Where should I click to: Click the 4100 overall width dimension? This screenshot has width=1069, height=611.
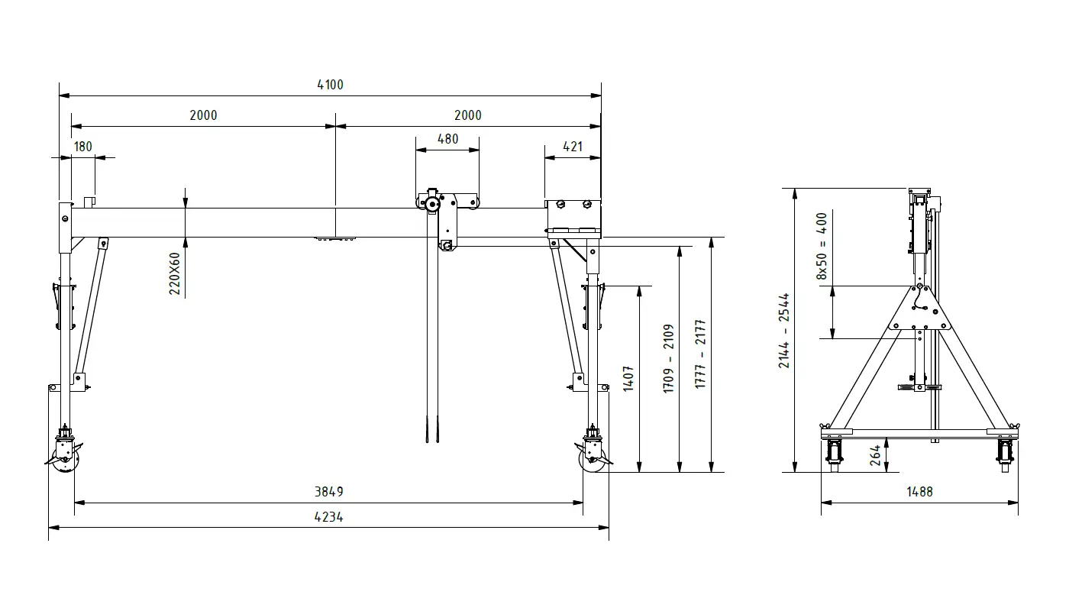pos(330,85)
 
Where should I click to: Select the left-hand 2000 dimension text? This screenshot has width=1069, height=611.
pos(203,115)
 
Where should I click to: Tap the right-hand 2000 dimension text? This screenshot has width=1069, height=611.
pos(467,115)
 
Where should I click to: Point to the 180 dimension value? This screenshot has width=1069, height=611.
pos(83,147)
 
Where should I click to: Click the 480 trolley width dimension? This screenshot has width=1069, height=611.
pos(447,139)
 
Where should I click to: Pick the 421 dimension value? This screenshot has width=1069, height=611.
pos(573,147)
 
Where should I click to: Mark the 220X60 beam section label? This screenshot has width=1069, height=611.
pos(175,273)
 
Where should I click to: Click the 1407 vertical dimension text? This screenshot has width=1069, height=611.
pos(628,379)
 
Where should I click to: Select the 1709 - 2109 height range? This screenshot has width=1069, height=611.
pos(668,358)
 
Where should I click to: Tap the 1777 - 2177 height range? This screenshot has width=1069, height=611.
pos(700,354)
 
